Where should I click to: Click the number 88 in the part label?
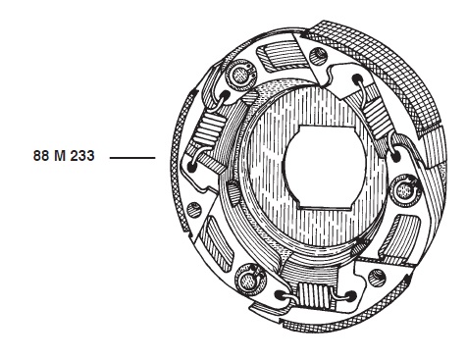tap(41, 156)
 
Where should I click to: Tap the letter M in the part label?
tap(60, 156)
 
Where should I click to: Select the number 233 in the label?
tap(82, 156)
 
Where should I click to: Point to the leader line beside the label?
tap(132, 158)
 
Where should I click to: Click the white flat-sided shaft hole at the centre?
tap(325, 167)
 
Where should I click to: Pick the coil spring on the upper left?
tap(208, 130)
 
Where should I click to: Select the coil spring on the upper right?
tap(376, 117)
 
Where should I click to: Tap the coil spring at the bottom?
tap(315, 293)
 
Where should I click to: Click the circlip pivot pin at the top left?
tap(240, 76)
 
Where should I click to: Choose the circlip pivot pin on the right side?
tap(405, 190)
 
